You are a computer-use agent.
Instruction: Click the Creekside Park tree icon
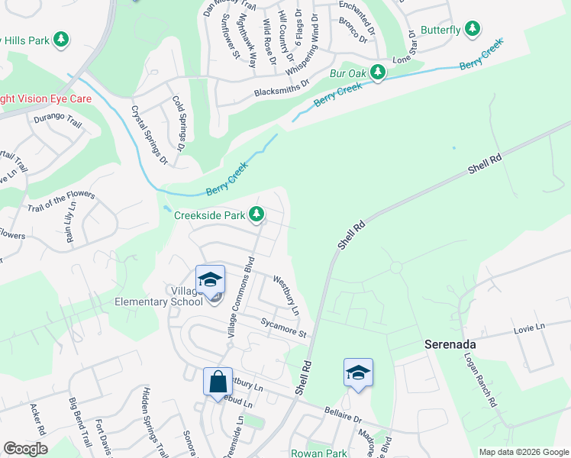click(x=258, y=214)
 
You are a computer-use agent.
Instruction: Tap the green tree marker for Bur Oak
click(x=377, y=73)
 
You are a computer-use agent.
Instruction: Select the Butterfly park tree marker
click(x=473, y=30)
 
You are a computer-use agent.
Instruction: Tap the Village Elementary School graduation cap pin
click(x=210, y=280)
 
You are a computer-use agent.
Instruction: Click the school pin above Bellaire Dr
click(x=358, y=373)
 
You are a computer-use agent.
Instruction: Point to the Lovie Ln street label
click(x=531, y=327)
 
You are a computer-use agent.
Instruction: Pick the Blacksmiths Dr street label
click(x=282, y=88)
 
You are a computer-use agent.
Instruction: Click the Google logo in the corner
click(x=25, y=449)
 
